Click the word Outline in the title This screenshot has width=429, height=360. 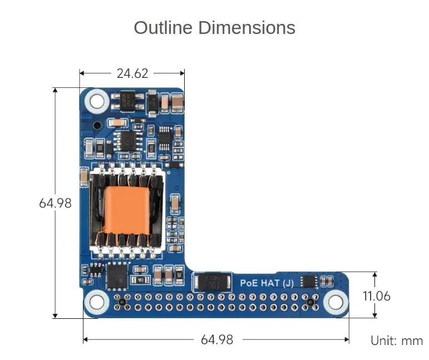pos(163,28)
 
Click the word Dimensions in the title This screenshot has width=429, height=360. pos(247,28)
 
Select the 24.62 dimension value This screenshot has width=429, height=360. pos(132,73)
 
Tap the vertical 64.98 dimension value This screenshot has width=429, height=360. pos(55,203)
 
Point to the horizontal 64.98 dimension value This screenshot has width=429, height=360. pos(217,340)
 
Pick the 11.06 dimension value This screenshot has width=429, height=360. pos(377,296)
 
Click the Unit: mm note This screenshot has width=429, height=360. pos(397,341)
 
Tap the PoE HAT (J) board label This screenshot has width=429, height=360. pos(267,283)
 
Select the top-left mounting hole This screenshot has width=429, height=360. pos(97,101)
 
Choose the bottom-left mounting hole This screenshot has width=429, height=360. pos(97,302)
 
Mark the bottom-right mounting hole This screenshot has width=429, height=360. pos(336,302)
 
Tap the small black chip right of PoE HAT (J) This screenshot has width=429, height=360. pos(309,282)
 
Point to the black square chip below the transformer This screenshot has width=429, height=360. pos(117,276)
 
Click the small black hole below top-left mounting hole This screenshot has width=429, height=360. pos(97,126)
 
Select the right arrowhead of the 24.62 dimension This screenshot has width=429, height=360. pos(182,73)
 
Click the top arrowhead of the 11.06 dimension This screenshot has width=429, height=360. pos(375,274)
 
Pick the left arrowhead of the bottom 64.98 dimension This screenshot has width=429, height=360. pos(85,339)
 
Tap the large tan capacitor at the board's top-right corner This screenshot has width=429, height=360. pos(177,103)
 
